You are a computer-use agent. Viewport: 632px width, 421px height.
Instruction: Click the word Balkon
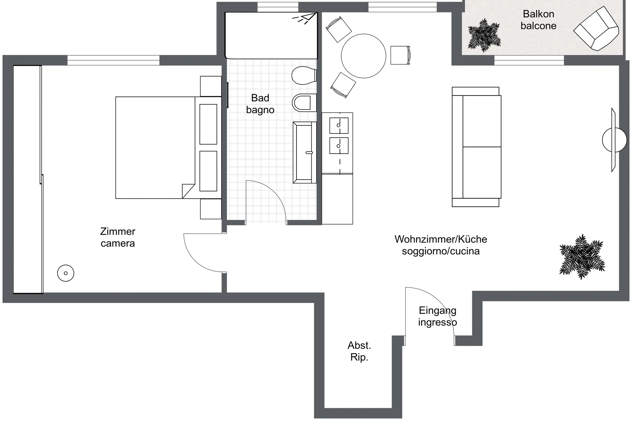coord(538,14)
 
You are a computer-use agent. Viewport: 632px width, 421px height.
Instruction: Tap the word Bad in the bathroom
coord(260,98)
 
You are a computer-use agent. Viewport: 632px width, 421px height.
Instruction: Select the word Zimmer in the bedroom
coord(118,231)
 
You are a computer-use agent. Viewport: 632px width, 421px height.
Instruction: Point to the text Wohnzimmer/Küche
coord(441,239)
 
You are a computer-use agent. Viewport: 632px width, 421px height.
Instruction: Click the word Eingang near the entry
coord(437,311)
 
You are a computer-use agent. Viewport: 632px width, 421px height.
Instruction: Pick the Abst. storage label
coord(359,345)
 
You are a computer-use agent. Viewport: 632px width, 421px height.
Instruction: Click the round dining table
coord(364,56)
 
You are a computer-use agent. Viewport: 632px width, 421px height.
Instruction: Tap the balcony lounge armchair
coord(596,28)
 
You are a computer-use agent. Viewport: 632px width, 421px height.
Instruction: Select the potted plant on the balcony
coord(484,35)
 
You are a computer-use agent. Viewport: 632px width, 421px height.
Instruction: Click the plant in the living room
coord(582,257)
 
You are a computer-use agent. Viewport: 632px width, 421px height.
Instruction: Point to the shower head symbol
coord(305,18)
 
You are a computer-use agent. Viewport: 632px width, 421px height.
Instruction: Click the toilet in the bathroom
coord(304,75)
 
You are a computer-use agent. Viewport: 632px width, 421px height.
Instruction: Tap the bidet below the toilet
coord(304,103)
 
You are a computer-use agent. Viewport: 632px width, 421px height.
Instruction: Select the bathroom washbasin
coord(305,152)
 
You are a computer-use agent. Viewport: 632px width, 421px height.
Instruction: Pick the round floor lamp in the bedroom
coord(66,273)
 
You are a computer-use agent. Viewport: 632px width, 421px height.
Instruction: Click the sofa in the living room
coord(476,147)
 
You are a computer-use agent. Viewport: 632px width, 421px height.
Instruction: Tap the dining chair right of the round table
coord(400,55)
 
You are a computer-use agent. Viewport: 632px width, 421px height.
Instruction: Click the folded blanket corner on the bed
coord(188,191)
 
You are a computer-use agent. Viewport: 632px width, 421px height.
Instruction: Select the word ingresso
coord(437,323)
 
